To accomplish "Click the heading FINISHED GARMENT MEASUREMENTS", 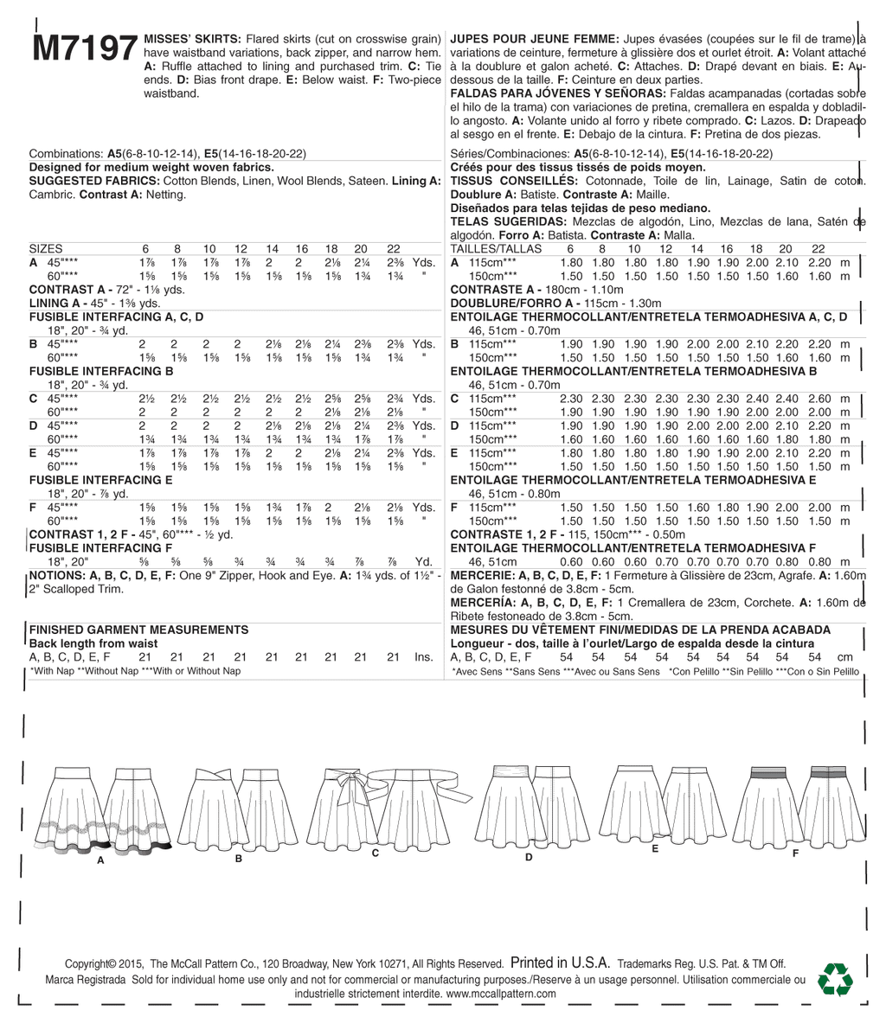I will tap(138, 630).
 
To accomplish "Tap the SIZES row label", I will tap(46, 248).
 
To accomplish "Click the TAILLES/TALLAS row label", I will tap(497, 248).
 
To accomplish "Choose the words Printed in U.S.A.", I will tap(561, 962).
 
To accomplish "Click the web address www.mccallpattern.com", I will tap(501, 994).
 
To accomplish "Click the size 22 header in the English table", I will tap(394, 248).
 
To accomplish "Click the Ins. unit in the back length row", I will tap(423, 657).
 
